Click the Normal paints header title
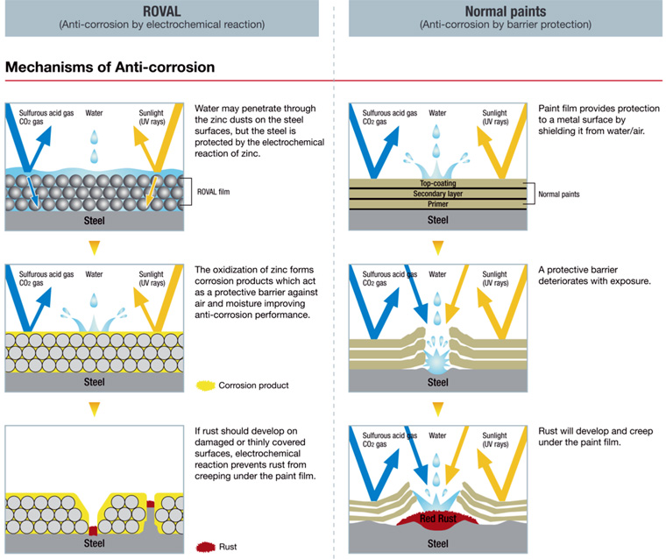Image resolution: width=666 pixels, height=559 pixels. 492,11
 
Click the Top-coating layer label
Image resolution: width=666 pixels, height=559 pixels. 437,184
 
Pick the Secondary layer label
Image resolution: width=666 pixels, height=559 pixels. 437,194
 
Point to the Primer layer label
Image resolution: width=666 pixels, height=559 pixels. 437,204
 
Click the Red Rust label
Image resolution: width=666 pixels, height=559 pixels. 437,518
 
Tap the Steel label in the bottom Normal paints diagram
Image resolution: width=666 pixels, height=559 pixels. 437,544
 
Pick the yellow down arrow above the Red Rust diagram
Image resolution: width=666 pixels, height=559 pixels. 437,408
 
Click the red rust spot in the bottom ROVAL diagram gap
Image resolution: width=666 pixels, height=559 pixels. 93,531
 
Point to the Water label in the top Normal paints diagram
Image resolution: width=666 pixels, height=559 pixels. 437,113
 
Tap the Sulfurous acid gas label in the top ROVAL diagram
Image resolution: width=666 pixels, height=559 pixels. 43,113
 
